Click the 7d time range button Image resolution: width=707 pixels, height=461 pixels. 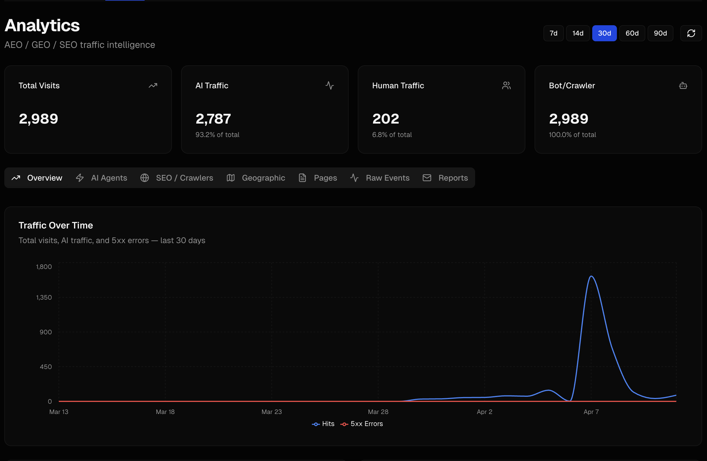tap(553, 33)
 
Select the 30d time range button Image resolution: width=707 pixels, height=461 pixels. tap(604, 33)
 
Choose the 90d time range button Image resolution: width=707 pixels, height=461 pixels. tap(660, 33)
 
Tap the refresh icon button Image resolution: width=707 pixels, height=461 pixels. tap(691, 33)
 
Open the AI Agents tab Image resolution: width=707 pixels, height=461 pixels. tap(102, 178)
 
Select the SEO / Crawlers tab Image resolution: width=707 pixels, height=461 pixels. tap(177, 178)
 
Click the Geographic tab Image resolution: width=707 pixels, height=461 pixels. tap(256, 178)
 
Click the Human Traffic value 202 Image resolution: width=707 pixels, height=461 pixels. tap(386, 119)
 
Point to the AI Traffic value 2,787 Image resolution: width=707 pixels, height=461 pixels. tap(213, 119)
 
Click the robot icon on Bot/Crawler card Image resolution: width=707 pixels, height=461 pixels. tap(683, 86)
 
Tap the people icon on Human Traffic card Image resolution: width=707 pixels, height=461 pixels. tap(506, 86)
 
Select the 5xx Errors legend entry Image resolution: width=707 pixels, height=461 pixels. tap(362, 424)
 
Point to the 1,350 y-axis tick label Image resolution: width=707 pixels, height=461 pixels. tap(44, 297)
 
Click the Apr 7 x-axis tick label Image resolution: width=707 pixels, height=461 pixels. tap(591, 412)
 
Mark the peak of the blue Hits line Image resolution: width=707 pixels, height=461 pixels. tap(591, 276)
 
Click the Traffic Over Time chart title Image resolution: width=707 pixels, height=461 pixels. tap(56, 226)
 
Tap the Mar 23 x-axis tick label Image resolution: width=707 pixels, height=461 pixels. tap(271, 412)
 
